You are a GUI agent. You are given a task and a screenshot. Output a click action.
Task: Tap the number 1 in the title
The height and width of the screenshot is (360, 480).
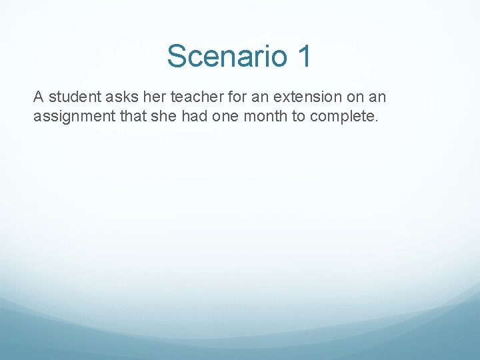(x=304, y=56)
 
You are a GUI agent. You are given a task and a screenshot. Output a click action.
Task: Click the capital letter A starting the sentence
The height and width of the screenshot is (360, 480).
(x=39, y=97)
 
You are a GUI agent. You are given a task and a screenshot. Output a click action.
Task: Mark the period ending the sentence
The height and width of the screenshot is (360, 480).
(x=377, y=121)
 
